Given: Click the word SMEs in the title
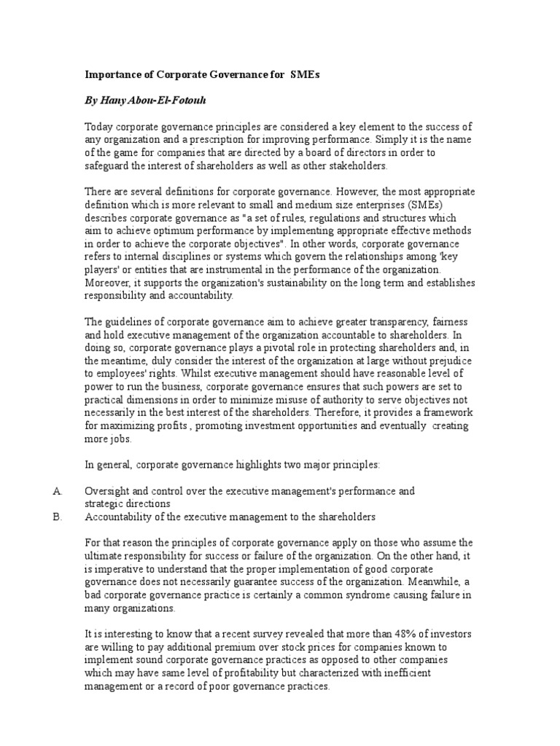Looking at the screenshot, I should click(304, 74).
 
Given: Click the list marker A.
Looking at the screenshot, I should click(58, 491).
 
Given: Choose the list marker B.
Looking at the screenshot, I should click(58, 517).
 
